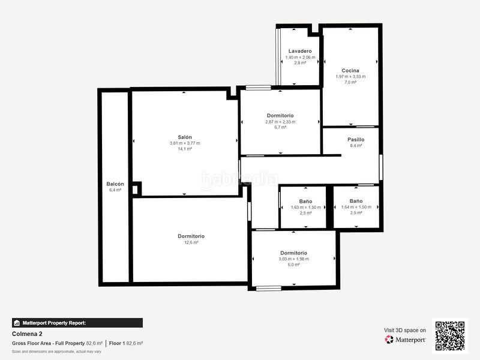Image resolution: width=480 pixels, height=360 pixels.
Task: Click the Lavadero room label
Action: (x=300, y=51)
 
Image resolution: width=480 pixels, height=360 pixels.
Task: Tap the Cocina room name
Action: (x=350, y=70)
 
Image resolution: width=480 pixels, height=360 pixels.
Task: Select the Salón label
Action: (x=185, y=137)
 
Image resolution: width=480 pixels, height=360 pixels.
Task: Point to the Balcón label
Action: (x=115, y=184)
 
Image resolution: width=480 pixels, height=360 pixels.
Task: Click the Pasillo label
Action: (x=356, y=140)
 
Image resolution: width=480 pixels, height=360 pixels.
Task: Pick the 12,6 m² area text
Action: (x=191, y=242)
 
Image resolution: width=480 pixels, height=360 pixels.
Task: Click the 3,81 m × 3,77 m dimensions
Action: (x=185, y=143)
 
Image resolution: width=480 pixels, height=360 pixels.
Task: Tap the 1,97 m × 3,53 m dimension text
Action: (x=350, y=77)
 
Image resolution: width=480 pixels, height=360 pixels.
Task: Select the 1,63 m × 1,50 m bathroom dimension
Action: (x=306, y=207)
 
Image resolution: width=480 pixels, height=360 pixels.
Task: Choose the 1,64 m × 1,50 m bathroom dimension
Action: (x=356, y=207)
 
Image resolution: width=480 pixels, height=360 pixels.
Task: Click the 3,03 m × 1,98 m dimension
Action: (x=293, y=259)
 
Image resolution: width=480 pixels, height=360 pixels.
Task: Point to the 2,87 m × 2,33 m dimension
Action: (x=280, y=122)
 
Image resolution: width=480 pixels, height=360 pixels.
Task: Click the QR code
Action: (x=450, y=336)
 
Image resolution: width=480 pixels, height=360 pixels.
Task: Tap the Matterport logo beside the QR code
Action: (x=406, y=340)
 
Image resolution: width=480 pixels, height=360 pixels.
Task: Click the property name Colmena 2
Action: (x=27, y=334)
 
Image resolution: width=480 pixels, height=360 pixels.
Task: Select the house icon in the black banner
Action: (x=17, y=323)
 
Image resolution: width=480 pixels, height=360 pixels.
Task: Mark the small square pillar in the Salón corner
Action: (x=136, y=189)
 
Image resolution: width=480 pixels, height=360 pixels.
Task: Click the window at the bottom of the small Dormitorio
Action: (x=268, y=289)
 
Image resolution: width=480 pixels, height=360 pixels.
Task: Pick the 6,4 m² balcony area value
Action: (x=115, y=190)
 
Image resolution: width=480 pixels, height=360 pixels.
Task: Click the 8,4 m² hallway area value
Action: (x=356, y=146)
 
